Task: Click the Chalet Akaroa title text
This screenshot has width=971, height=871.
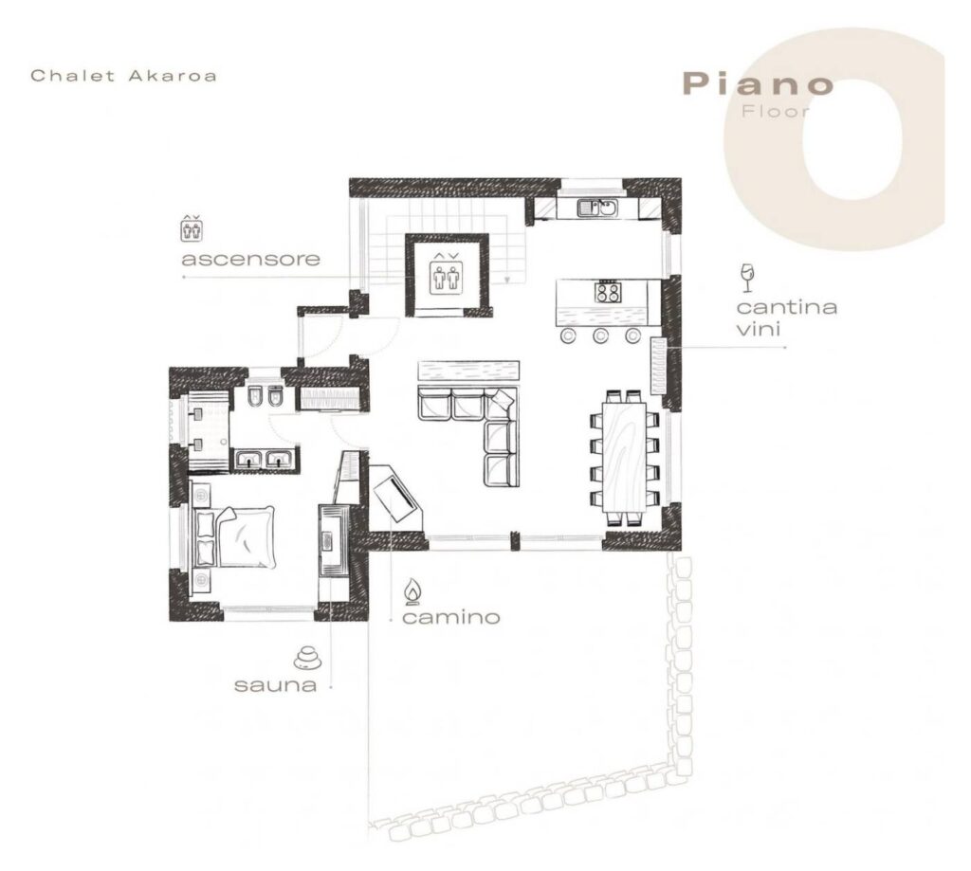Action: click(124, 76)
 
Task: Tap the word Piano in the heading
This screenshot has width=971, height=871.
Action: click(758, 83)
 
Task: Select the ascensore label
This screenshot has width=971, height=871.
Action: click(250, 259)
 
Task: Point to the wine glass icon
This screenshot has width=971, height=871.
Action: click(747, 278)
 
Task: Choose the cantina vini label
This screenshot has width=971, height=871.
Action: click(786, 318)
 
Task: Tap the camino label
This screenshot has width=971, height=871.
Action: click(450, 617)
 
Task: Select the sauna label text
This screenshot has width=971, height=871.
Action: click(276, 684)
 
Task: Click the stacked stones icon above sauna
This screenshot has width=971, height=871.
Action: click(308, 658)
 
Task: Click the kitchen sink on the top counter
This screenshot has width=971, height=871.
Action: click(597, 208)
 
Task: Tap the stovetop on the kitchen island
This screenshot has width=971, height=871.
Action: click(608, 292)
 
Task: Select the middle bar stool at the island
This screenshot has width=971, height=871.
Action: click(599, 336)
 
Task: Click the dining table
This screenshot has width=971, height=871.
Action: click(624, 457)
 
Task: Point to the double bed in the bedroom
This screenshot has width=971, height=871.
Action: click(235, 536)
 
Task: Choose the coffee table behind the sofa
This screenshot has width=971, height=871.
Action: click(468, 372)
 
